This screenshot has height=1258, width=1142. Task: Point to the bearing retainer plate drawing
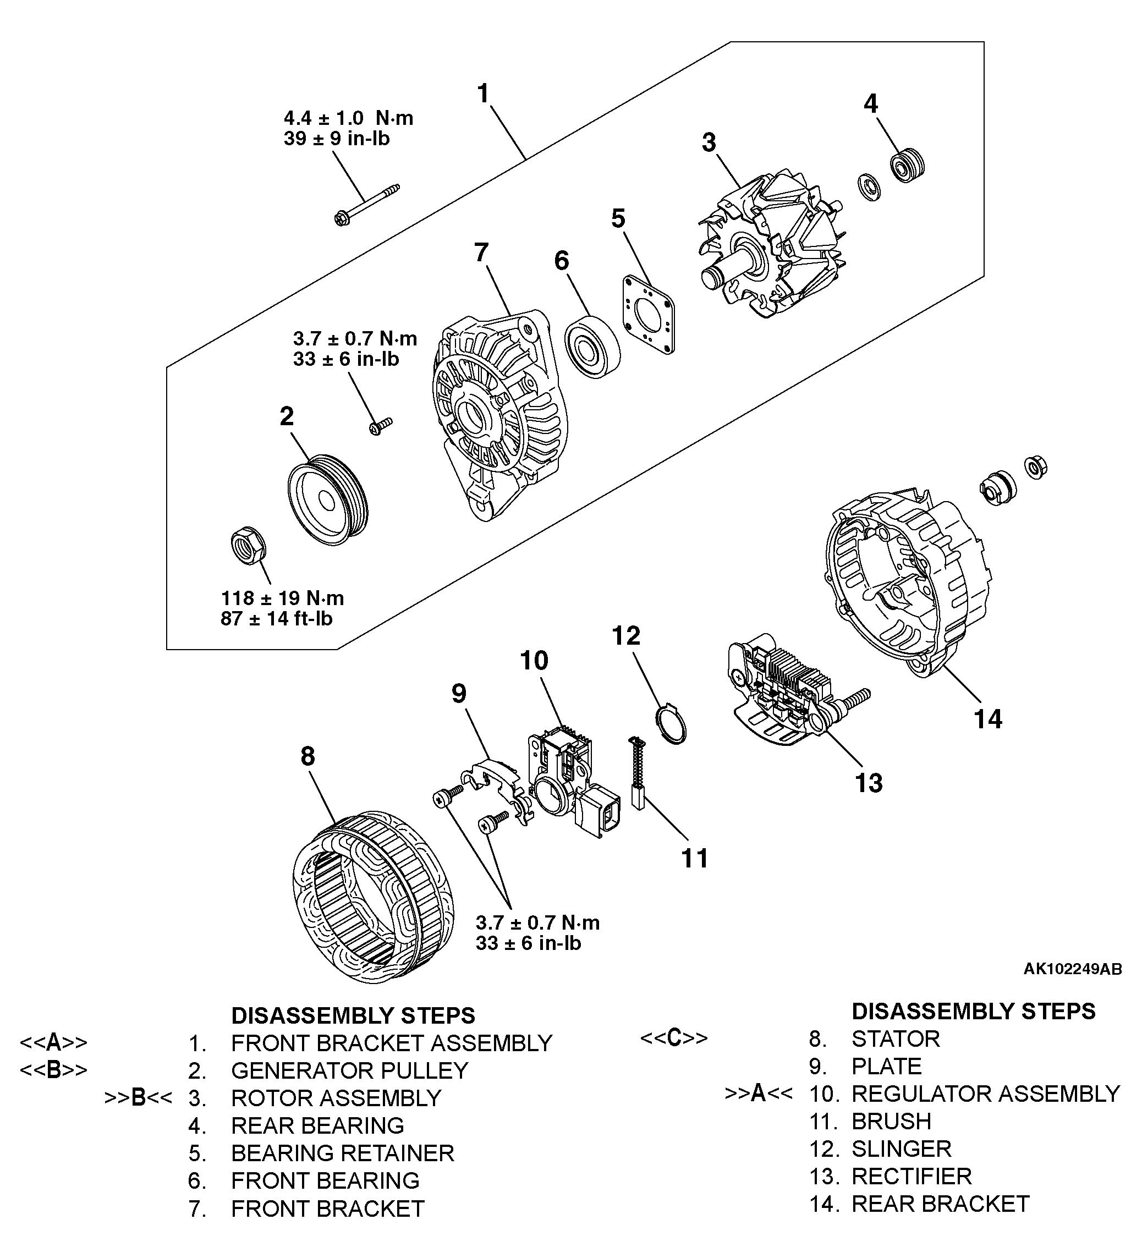click(649, 315)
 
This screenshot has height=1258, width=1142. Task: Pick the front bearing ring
click(591, 347)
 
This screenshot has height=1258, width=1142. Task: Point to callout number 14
click(988, 719)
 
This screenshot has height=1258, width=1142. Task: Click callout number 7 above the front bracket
click(481, 252)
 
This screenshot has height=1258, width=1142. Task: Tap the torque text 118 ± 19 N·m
click(282, 598)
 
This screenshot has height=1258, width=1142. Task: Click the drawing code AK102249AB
click(1072, 969)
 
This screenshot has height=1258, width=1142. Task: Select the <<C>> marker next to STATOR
click(674, 1038)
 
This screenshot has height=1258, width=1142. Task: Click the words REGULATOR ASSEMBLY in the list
click(985, 1094)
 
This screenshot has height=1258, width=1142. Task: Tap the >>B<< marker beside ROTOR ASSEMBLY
click(138, 1097)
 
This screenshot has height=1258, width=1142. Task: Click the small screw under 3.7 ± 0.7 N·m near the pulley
click(380, 426)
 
